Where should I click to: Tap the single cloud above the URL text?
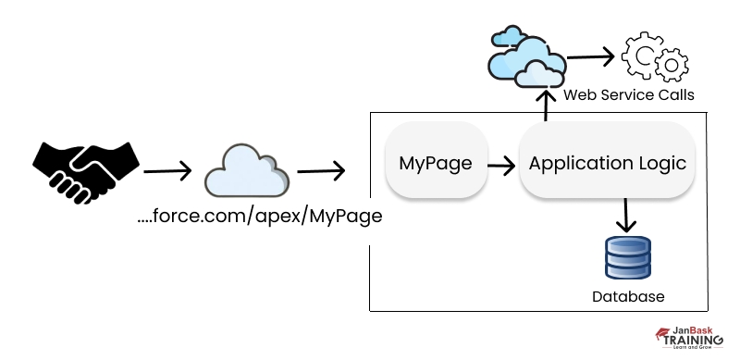click(246, 170)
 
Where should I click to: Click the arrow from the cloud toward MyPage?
click(320, 170)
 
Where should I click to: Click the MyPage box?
click(436, 164)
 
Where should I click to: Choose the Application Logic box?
click(607, 164)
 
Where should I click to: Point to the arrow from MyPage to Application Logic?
click(501, 166)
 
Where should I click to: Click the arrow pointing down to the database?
click(628, 215)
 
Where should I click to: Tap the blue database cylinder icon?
click(628, 258)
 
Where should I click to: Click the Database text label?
click(628, 297)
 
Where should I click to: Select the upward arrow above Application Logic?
click(546, 105)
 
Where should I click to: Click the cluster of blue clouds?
click(525, 56)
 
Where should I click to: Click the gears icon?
click(655, 56)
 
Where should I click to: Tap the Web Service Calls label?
click(628, 94)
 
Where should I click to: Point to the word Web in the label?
click(579, 94)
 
